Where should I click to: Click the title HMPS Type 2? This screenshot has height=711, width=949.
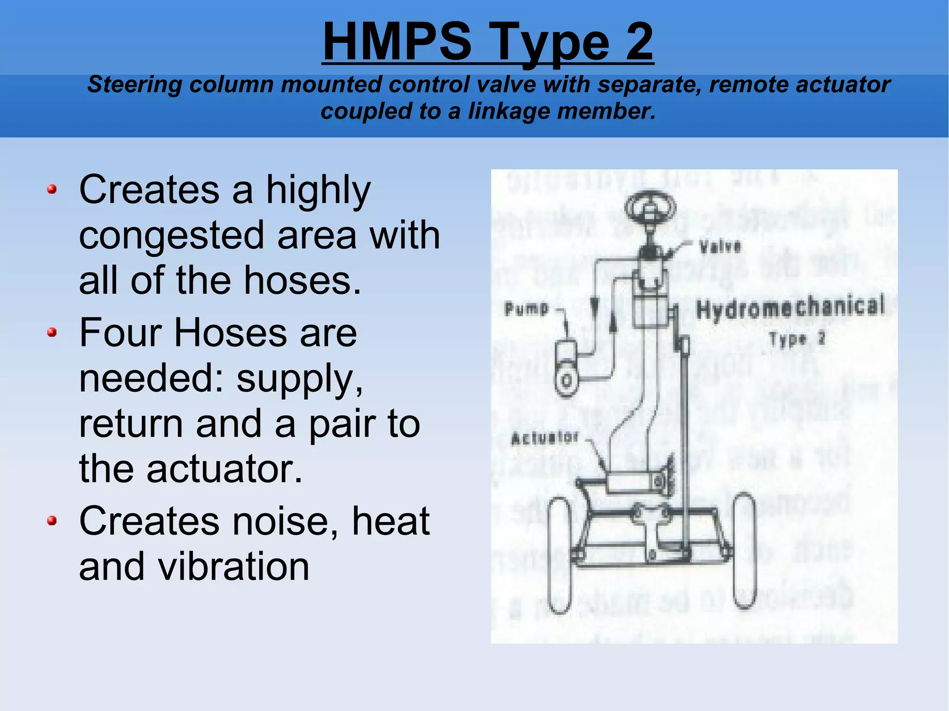click(x=488, y=43)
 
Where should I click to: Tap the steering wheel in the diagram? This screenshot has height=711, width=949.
click(x=650, y=207)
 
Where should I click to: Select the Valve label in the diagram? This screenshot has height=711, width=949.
click(x=720, y=246)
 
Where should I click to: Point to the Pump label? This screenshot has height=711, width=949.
click(x=526, y=308)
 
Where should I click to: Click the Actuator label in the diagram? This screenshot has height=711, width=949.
click(x=544, y=438)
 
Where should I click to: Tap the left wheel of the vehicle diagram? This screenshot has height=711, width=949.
click(x=559, y=555)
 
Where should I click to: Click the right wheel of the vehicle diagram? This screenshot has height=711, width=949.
click(x=745, y=551)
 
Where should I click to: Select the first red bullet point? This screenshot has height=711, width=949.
click(x=52, y=189)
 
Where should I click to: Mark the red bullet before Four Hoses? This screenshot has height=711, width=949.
click(x=52, y=332)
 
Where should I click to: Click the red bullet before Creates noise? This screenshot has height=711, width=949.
click(x=52, y=521)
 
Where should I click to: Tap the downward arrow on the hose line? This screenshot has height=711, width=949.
click(x=595, y=307)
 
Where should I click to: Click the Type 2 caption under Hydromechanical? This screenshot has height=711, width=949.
click(x=797, y=339)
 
